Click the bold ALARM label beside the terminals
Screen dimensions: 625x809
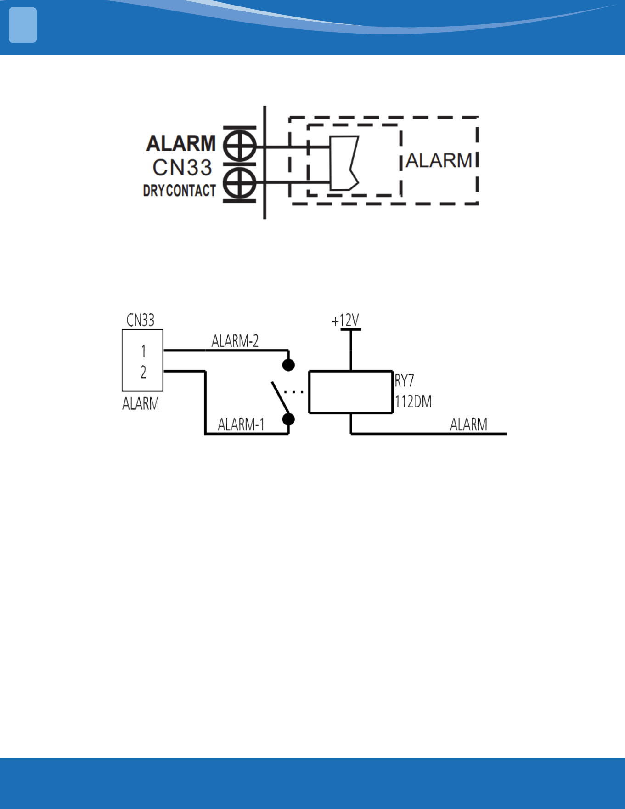181,143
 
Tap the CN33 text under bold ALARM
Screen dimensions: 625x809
182,167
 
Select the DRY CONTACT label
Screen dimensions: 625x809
179,190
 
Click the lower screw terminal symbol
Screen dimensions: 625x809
240,183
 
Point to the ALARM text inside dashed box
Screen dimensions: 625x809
439,161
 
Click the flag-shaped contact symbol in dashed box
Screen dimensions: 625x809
344,163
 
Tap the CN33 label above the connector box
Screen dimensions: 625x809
141,320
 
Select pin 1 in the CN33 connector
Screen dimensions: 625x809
143,351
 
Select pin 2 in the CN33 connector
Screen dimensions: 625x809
143,372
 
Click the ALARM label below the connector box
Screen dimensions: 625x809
141,403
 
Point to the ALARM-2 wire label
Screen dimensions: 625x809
235,341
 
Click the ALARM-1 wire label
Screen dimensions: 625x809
241,424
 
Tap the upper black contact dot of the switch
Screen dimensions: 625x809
288,365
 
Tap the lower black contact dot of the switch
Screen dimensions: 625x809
288,419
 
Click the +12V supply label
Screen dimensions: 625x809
345,320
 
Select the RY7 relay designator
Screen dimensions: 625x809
405,380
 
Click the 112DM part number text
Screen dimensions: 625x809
413,402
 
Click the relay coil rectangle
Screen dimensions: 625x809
351,371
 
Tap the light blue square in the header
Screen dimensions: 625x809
23,25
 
